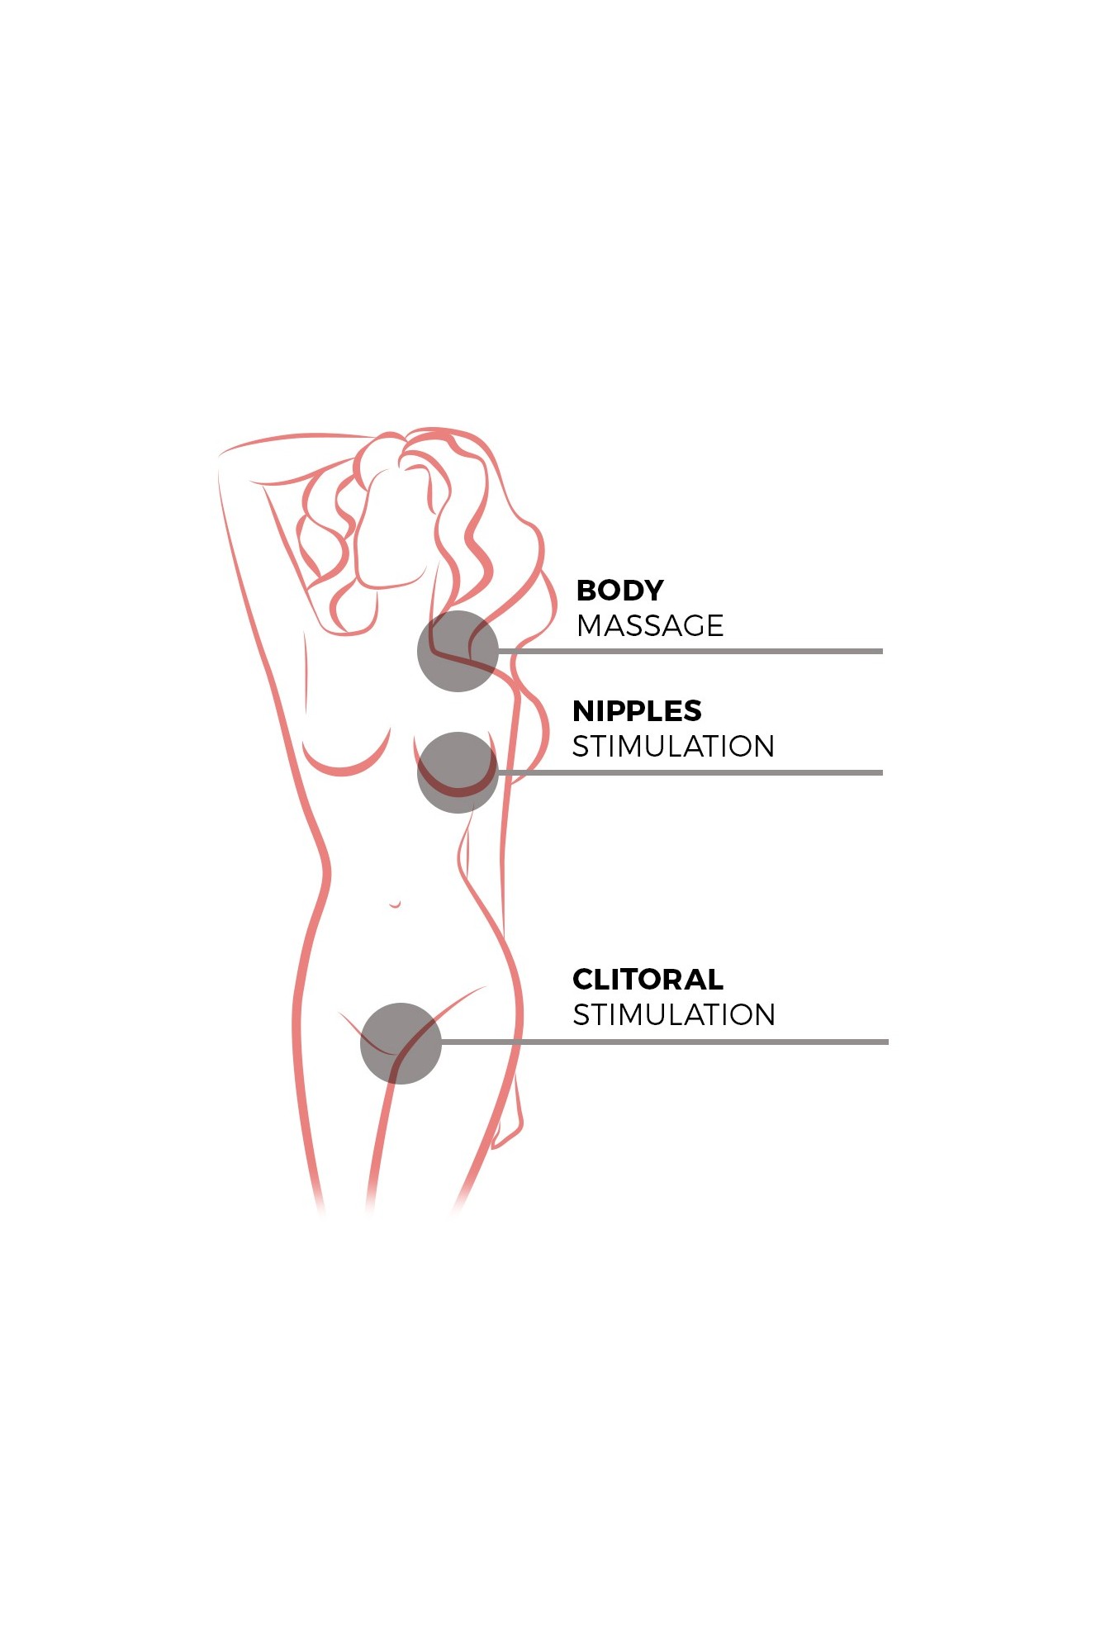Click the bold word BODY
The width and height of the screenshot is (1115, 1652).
619,591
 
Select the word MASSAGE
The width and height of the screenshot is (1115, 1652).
650,626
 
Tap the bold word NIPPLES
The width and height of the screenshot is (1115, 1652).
637,711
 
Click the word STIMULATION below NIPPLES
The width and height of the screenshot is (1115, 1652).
673,747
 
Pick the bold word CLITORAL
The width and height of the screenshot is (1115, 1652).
648,980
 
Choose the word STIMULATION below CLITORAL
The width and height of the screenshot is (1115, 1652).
674,1015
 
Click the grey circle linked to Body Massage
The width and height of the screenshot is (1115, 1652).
458,651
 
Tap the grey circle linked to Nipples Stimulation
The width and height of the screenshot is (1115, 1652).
458,772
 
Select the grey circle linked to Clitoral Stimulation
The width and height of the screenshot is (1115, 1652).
401,1043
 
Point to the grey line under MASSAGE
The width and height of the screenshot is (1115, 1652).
690,651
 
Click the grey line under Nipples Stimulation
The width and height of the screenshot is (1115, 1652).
690,772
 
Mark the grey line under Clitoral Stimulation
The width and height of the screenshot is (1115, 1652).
665,1042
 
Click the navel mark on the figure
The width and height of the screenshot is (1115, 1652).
396,904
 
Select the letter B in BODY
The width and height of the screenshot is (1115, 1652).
586,591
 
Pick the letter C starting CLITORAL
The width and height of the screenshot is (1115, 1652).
583,980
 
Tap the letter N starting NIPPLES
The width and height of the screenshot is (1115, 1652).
584,711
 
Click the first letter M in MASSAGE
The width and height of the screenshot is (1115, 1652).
590,626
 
